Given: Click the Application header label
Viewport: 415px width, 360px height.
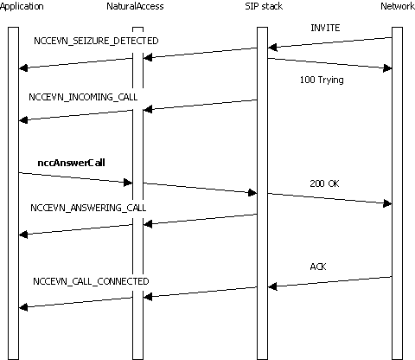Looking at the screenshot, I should [x=20, y=8].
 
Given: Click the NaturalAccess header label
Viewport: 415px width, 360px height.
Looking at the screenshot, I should [x=137, y=8].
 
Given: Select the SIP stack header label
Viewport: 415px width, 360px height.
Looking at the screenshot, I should [x=261, y=8].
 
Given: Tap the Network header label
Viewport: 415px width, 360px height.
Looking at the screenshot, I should [x=397, y=8].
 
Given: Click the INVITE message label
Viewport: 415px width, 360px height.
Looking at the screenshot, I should [x=325, y=28].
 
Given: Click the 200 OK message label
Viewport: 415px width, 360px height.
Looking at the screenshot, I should [x=324, y=183].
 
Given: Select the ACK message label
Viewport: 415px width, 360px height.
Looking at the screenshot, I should [x=318, y=267].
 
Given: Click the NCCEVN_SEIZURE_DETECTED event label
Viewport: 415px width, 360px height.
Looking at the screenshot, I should [x=95, y=41].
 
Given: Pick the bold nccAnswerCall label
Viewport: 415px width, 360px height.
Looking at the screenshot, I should [x=71, y=162].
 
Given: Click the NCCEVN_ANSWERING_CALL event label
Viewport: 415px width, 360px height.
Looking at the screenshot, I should [x=88, y=208].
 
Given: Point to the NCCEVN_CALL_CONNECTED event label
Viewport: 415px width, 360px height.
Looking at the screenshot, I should [x=91, y=281].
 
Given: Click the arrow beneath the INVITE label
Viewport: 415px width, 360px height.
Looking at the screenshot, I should [x=329, y=42].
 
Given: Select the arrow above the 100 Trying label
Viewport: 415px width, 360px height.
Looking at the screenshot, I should [x=329, y=63].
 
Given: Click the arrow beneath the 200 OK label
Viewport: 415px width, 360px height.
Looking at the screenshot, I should [x=329, y=198].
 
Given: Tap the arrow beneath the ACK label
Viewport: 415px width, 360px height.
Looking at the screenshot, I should [x=329, y=281].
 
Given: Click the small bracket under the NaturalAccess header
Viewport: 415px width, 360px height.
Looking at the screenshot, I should [x=137, y=29].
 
